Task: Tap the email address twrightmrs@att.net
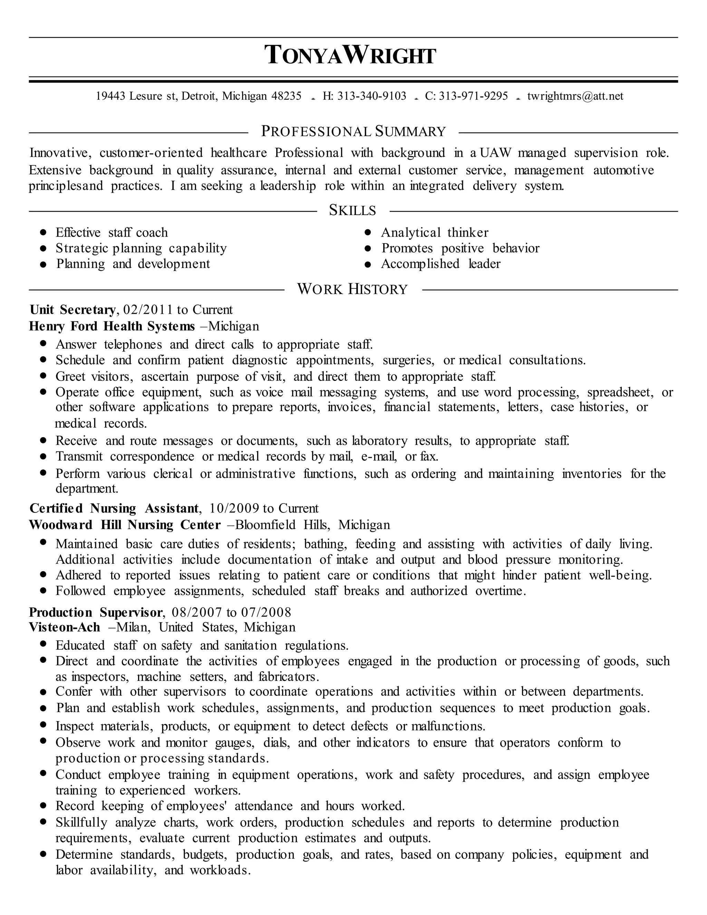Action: tap(575, 96)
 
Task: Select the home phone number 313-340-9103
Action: tap(371, 96)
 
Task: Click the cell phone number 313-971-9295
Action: tap(473, 96)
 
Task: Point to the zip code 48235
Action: tap(287, 96)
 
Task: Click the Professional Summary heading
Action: tap(353, 132)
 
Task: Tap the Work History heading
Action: tap(352, 289)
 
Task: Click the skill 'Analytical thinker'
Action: tap(434, 232)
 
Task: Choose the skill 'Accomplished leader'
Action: tap(440, 264)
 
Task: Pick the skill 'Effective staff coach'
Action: tap(112, 232)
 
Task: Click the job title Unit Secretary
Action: tap(72, 310)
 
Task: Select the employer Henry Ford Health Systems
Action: tap(112, 326)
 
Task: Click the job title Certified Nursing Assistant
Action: tap(114, 509)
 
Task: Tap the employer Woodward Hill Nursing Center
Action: tap(125, 525)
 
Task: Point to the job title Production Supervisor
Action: tap(96, 613)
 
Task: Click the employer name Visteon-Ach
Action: tap(65, 627)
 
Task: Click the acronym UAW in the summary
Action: tap(495, 153)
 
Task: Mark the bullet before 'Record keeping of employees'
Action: tap(43, 806)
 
